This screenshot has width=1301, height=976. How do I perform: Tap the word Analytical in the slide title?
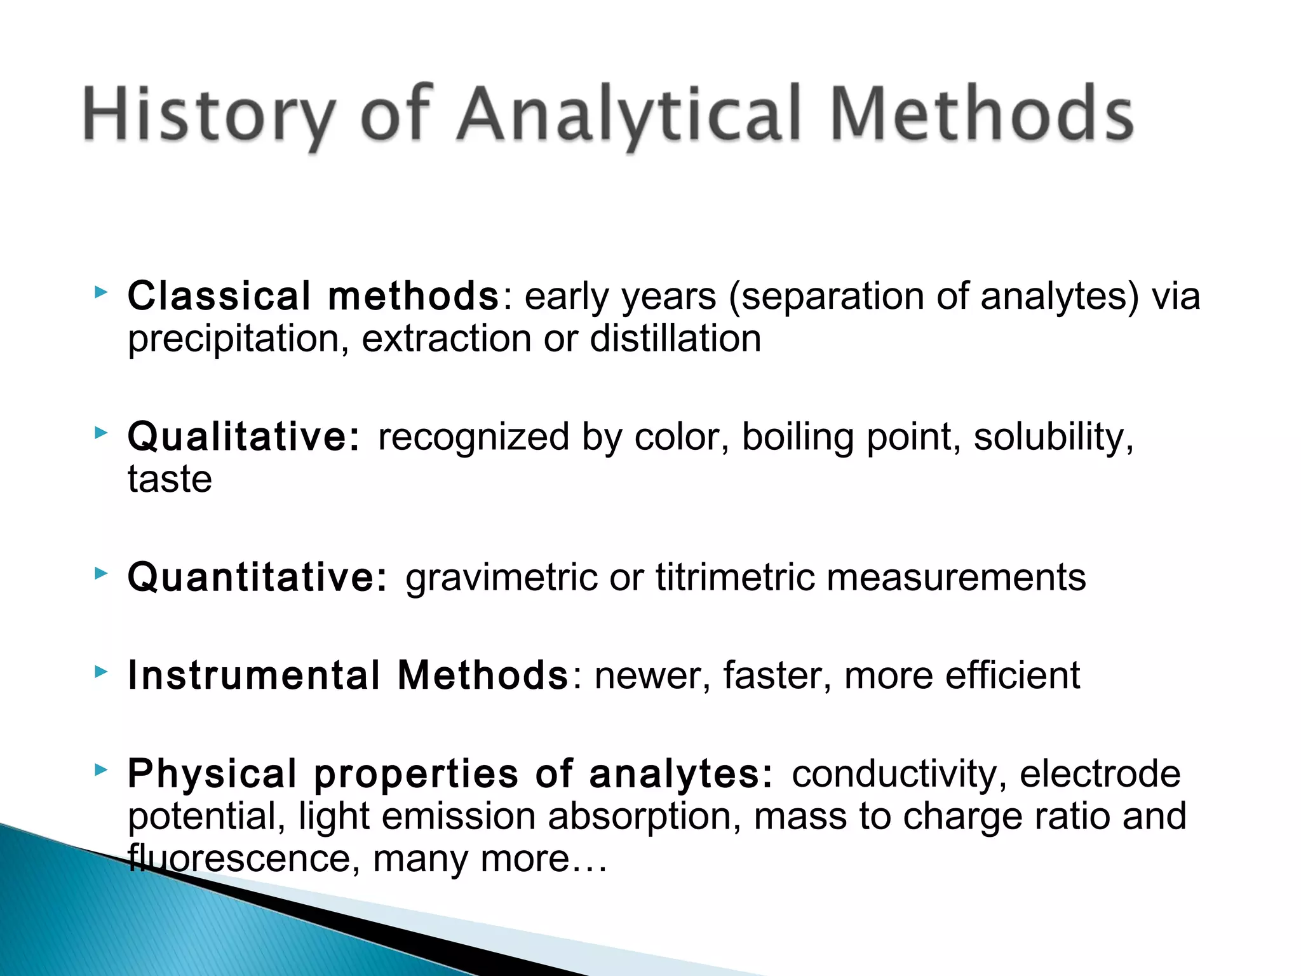pyautogui.click(x=629, y=114)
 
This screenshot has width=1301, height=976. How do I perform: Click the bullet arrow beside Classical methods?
pyautogui.click(x=100, y=293)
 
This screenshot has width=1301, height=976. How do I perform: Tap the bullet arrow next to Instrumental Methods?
pyautogui.click(x=100, y=671)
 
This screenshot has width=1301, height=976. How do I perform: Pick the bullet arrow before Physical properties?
pyautogui.click(x=100, y=770)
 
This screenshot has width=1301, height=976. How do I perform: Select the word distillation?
pyautogui.click(x=675, y=338)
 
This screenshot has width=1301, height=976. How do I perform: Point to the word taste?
pyautogui.click(x=170, y=479)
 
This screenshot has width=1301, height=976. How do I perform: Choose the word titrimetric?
pyautogui.click(x=735, y=577)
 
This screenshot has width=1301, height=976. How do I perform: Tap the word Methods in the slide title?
pyautogui.click(x=981, y=114)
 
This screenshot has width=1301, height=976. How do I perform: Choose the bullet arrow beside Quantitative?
pyautogui.click(x=100, y=573)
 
